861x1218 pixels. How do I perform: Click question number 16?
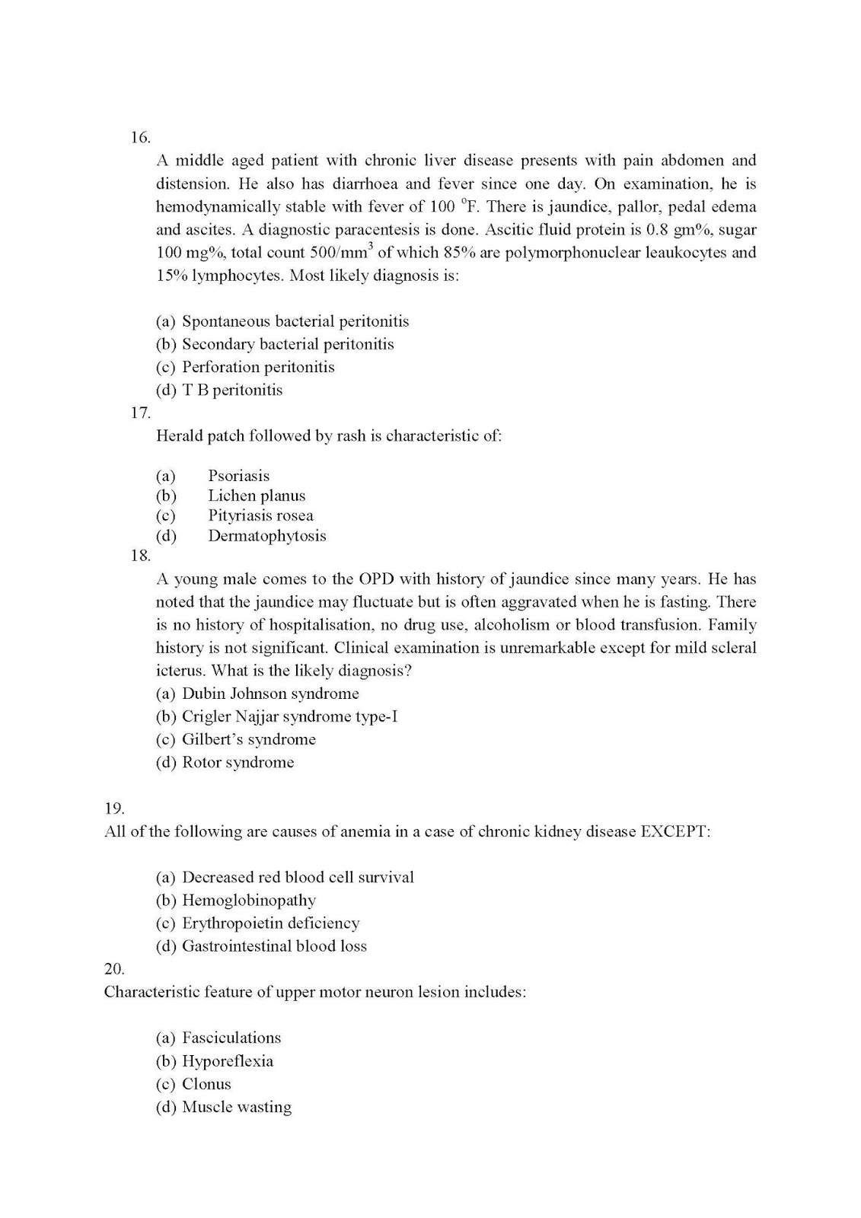click(140, 138)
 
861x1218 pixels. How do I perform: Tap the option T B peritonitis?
click(231, 390)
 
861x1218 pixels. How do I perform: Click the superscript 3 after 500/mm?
click(370, 245)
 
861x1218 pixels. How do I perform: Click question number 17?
click(140, 413)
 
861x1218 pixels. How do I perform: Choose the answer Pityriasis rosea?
click(260, 515)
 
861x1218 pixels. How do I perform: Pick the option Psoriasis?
click(238, 476)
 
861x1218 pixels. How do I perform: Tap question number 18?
click(140, 556)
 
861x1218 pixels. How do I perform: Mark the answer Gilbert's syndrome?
click(248, 739)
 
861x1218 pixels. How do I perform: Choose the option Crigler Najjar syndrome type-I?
click(289, 716)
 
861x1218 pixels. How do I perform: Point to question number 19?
click(114, 808)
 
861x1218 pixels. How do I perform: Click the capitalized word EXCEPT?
click(674, 831)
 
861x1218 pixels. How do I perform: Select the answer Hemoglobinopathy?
click(248, 900)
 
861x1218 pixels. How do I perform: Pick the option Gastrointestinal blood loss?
click(274, 946)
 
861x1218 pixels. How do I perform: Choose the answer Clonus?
click(206, 1084)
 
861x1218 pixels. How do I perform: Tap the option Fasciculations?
click(231, 1038)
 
